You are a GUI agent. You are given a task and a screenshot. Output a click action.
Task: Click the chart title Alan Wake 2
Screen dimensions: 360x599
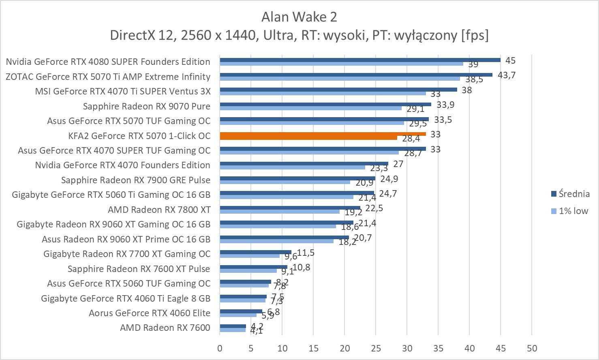[x=299, y=17]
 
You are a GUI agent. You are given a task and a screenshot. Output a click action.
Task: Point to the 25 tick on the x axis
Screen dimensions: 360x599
[x=376, y=348]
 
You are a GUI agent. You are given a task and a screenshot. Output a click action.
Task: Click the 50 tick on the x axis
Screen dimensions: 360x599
[x=532, y=348]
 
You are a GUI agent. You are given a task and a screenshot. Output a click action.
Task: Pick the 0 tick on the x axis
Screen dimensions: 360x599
[x=220, y=348]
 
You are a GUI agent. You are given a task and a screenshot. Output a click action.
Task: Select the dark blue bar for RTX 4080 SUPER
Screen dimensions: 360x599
[x=360, y=60]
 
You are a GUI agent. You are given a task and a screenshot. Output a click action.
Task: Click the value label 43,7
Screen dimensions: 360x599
[x=507, y=75]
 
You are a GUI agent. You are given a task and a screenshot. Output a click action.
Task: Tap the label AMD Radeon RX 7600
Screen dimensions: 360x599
[x=165, y=328]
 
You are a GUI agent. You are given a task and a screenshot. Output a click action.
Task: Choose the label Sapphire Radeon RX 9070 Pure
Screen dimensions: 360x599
[x=147, y=106]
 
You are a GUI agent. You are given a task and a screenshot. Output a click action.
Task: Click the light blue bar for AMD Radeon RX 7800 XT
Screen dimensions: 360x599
[x=280, y=212]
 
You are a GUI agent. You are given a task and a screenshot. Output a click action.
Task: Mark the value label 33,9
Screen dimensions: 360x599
[x=445, y=105]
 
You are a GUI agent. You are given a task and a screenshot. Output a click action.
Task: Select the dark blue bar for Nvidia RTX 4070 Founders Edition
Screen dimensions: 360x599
[x=304, y=164]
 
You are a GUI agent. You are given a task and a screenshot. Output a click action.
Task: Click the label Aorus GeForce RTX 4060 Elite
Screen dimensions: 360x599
[x=150, y=313]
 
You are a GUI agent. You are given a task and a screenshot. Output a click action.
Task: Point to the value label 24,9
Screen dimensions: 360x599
[x=389, y=179]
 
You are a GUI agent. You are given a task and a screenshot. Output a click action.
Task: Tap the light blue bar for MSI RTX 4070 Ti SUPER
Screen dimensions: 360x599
[x=323, y=93]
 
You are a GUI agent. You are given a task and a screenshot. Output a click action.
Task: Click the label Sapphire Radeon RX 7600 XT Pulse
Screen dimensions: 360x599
[x=139, y=269]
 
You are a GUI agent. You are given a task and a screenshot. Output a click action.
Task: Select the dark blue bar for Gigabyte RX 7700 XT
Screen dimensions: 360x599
[x=255, y=252]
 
